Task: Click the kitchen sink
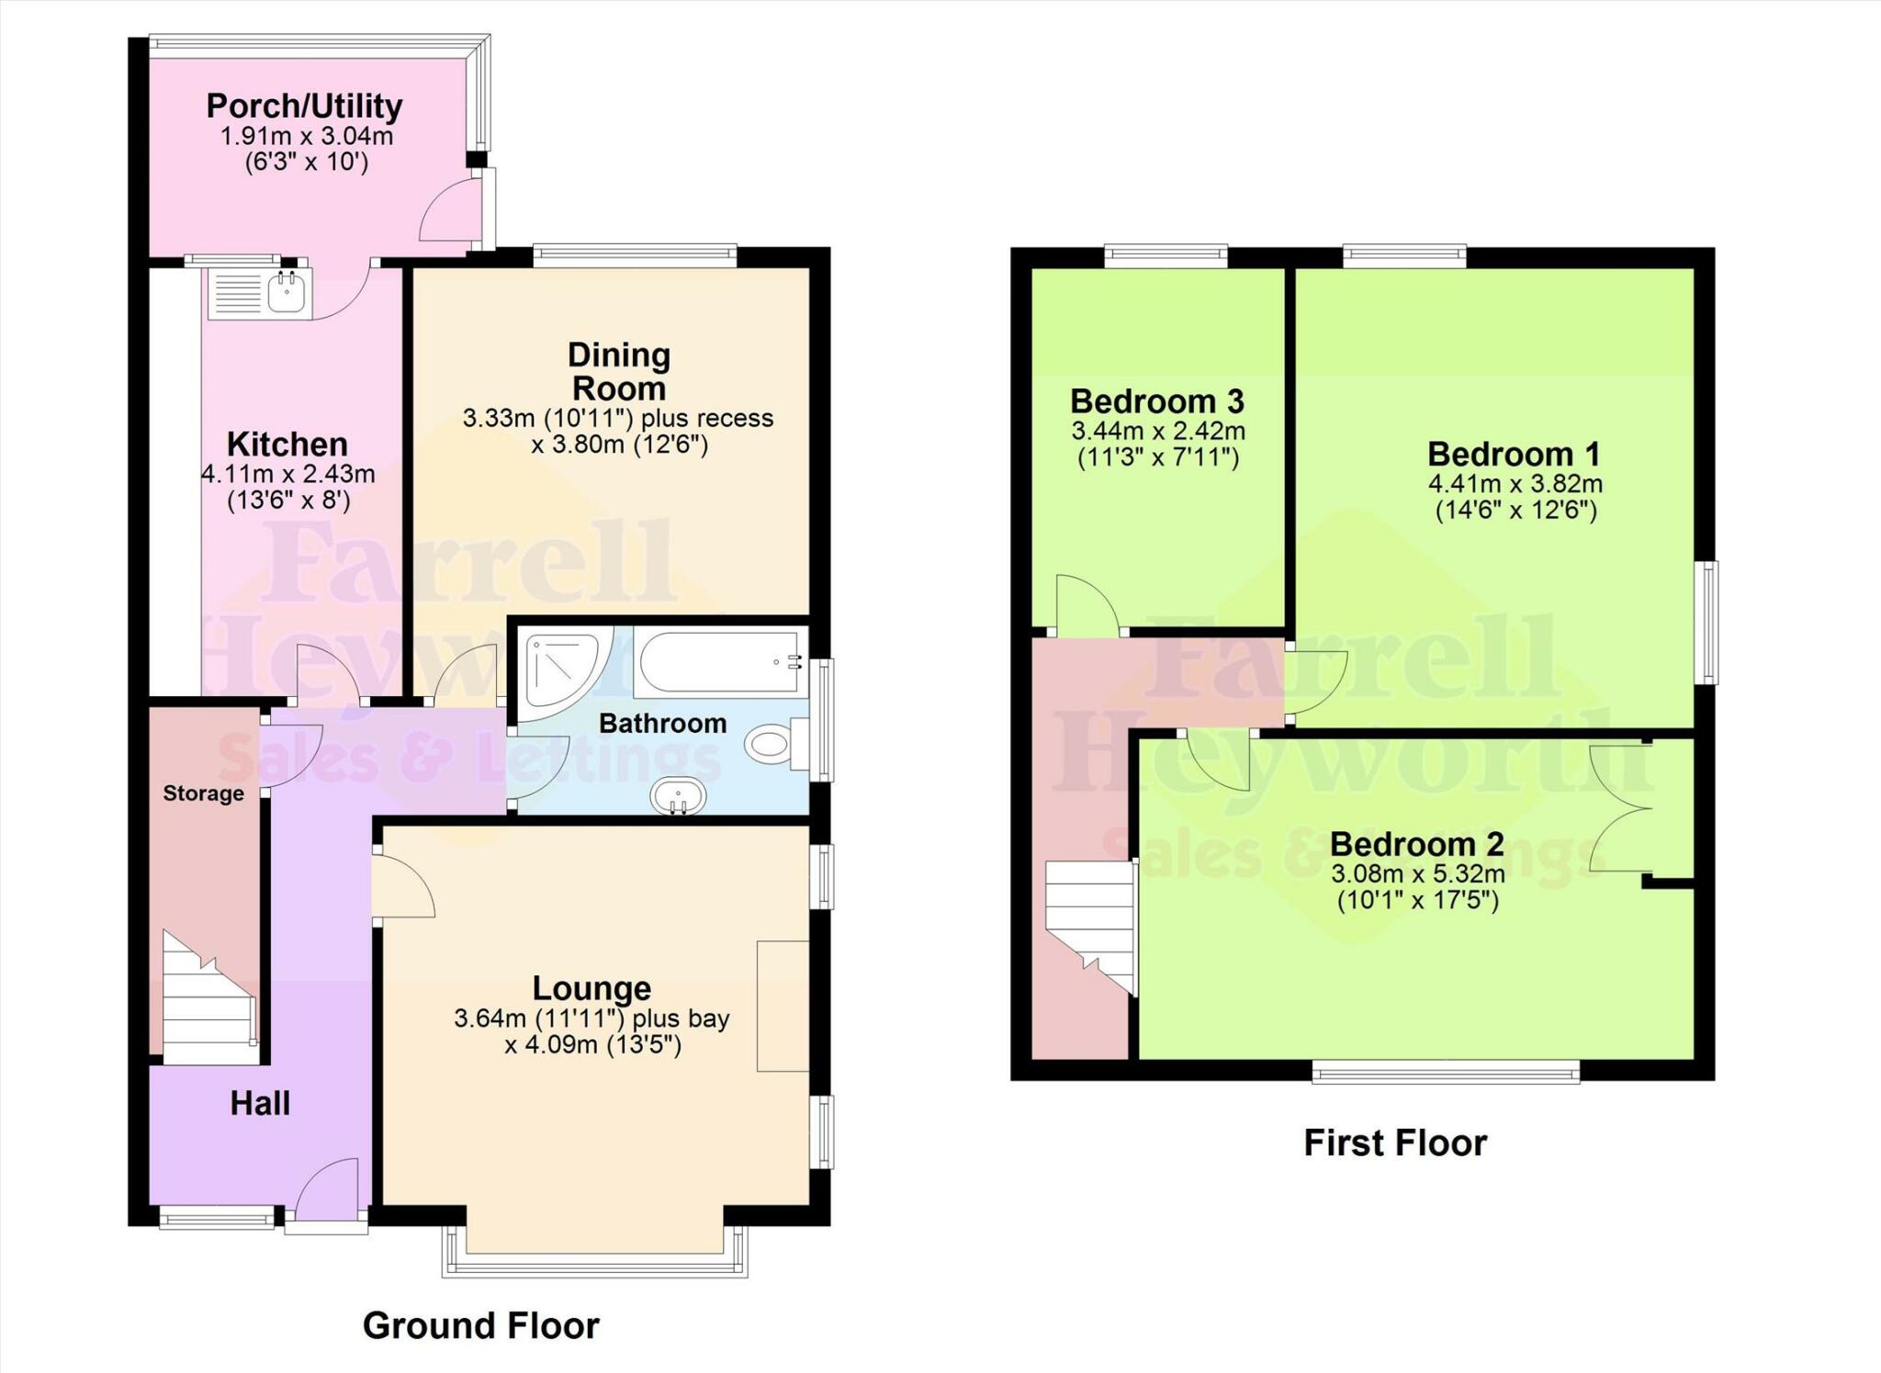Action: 260,293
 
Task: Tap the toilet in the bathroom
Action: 776,742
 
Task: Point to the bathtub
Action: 721,661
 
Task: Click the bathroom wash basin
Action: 679,796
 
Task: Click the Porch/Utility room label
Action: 304,106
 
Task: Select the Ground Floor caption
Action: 481,1325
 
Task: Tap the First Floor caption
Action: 1395,1142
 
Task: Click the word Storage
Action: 204,793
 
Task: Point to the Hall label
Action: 260,1103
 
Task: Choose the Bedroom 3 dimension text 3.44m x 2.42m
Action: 1158,431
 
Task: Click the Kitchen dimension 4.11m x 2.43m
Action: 288,474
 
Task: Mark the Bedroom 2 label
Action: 1417,843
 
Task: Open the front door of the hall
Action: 326,1189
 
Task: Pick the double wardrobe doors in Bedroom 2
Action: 1622,807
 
